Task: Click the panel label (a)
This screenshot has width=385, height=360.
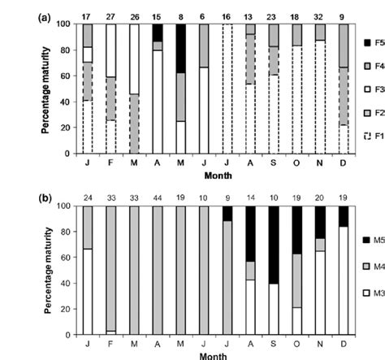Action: (x=46, y=15)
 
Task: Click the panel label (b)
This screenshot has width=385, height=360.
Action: (x=46, y=197)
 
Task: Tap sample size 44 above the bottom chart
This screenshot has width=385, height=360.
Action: (x=155, y=196)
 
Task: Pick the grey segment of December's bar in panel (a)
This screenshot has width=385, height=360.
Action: (x=342, y=49)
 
